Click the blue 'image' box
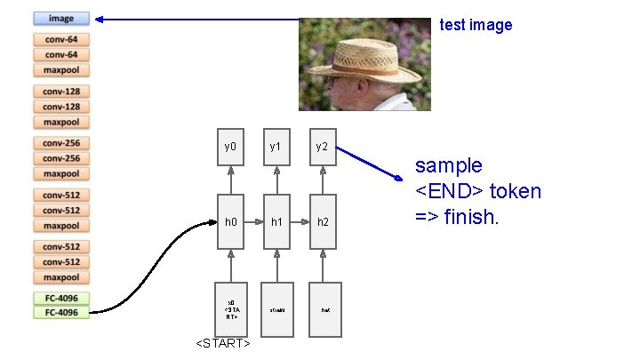[61, 18]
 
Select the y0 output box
[230, 147]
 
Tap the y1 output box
[276, 147]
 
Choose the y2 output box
[323, 147]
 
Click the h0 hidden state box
[230, 220]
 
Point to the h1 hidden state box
[276, 220]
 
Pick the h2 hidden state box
[323, 220]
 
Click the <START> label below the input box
[222, 344]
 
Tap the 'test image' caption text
[476, 25]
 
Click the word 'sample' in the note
[449, 165]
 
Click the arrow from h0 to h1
[252, 220]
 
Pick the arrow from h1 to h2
[300, 220]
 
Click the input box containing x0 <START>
[230, 308]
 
